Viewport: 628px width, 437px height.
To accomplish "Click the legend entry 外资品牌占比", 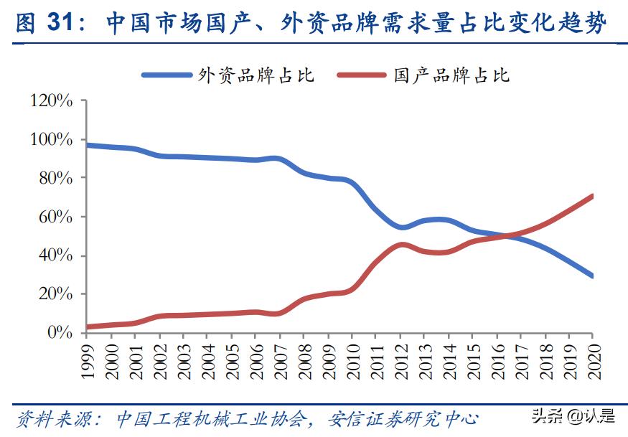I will (x=256, y=75).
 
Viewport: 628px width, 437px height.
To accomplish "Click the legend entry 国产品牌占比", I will (x=451, y=75).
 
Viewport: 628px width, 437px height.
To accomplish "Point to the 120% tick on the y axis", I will (x=52, y=101).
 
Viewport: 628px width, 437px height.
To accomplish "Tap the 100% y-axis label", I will (x=52, y=140).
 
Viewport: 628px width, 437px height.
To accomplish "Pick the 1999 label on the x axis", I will (x=86, y=359).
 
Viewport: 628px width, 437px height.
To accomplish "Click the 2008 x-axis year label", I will (x=304, y=359).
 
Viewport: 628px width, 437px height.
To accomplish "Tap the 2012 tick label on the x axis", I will (x=400, y=359).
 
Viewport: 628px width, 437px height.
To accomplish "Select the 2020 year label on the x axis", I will (x=594, y=359).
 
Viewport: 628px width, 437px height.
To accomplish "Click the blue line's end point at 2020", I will (x=592, y=276).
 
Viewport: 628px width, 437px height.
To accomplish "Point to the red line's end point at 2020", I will (x=592, y=196).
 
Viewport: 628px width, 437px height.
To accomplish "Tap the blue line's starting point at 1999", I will (x=86, y=145).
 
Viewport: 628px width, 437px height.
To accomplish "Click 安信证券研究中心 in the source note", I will (x=402, y=418).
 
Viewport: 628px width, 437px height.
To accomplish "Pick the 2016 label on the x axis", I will (x=497, y=359).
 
